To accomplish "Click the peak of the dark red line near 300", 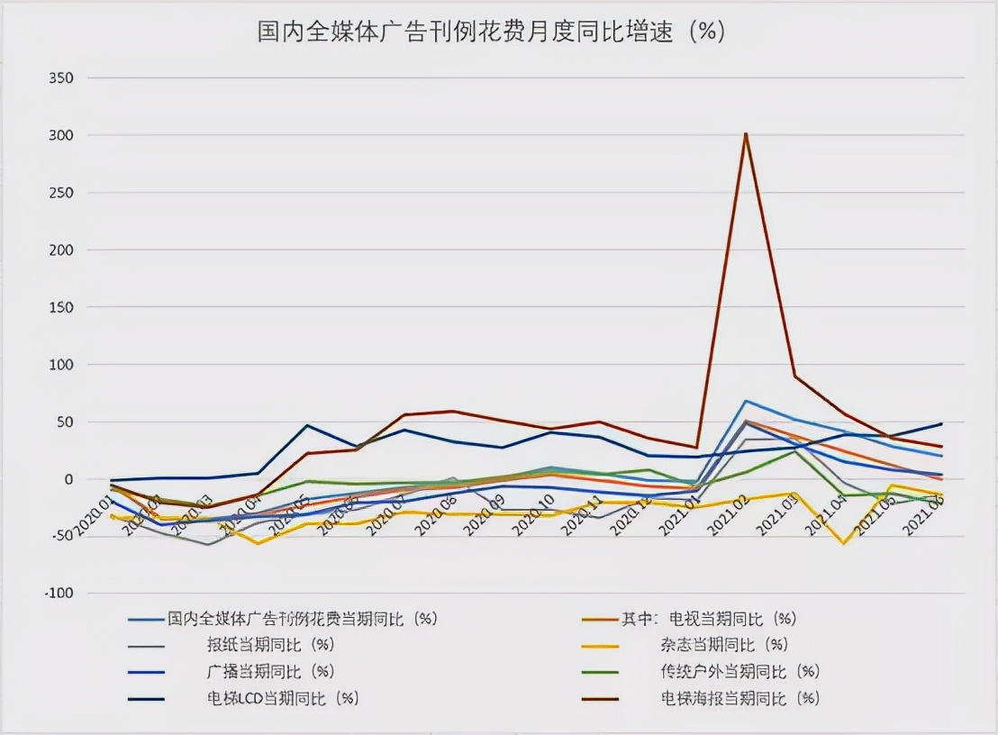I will pyautogui.click(x=746, y=134).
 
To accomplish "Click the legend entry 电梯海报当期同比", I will pyautogui.click(x=739, y=698).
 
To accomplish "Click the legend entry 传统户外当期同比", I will pyautogui.click(x=739, y=671).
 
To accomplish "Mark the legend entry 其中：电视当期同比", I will pyautogui.click(x=709, y=619).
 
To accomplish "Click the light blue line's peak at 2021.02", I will pyautogui.click(x=746, y=401).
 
